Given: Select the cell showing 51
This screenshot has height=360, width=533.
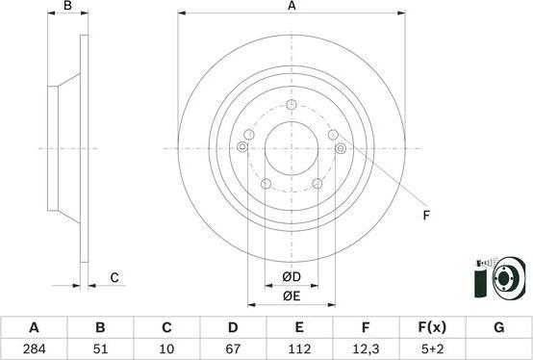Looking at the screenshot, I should [x=100, y=347].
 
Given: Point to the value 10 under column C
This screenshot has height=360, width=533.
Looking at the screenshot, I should [x=166, y=347].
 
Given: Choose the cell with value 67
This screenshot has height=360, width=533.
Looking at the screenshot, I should [x=233, y=347].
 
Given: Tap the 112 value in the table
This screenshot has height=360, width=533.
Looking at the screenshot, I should [x=299, y=347].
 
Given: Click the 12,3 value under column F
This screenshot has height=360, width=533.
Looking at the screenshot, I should [x=366, y=347].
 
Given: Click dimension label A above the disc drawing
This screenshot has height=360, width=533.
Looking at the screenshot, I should [x=292, y=8].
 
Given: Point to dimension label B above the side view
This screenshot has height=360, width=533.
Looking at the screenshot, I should [x=67, y=8].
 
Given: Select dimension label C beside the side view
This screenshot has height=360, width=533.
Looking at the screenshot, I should [x=114, y=278].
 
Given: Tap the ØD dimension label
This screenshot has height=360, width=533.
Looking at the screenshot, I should [x=292, y=278].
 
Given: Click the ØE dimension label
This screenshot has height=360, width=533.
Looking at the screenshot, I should [x=292, y=296].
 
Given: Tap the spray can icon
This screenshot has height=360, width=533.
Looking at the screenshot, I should [x=480, y=279].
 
